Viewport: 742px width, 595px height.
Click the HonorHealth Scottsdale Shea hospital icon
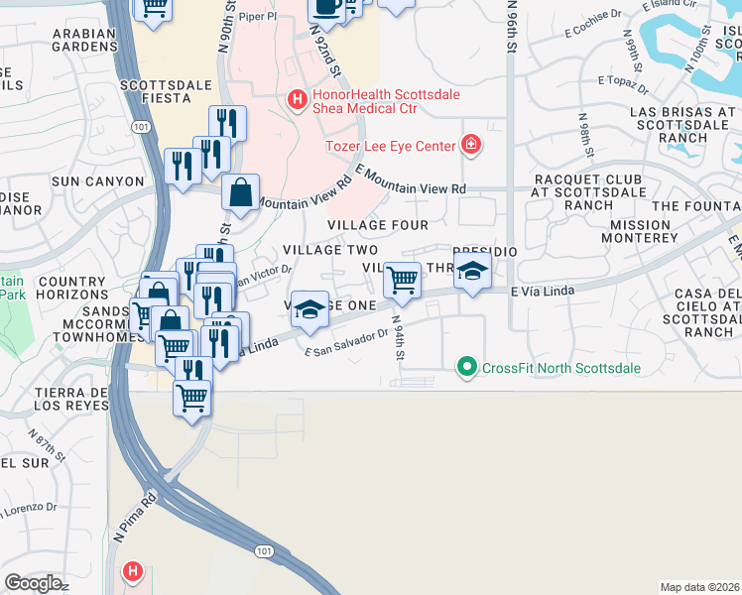(x=296, y=99)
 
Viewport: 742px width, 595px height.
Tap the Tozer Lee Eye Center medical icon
(x=471, y=146)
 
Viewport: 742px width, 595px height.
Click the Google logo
(x=33, y=583)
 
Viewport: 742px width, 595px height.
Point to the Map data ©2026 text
(x=700, y=587)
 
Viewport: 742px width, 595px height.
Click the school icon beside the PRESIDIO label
(x=472, y=271)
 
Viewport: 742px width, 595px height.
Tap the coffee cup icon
(x=325, y=8)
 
